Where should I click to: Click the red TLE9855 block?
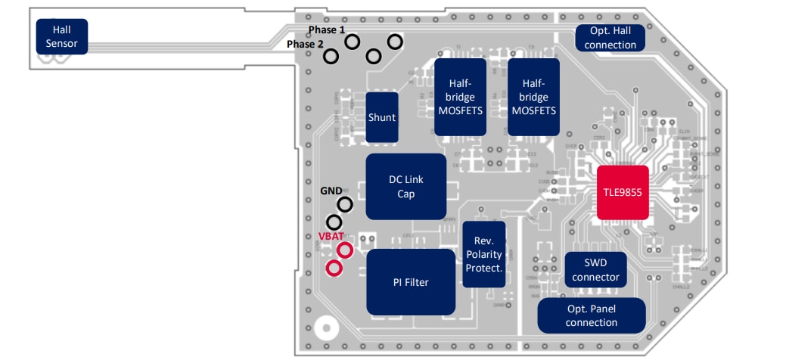coord(623,192)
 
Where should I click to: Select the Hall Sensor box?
coord(61,37)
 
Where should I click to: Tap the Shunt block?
coord(382,117)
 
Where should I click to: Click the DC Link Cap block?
coord(406,187)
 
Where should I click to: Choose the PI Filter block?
coord(411,282)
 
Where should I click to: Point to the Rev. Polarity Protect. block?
coord(484,254)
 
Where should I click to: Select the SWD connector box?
coord(595,270)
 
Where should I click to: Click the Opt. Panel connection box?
coord(592,315)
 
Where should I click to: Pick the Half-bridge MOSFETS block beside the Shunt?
coord(460,97)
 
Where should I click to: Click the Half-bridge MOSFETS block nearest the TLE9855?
coord(533,97)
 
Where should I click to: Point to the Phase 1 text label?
coord(326,29)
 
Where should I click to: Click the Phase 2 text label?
coord(305,44)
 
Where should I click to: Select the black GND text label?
coord(331,191)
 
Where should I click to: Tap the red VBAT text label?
coord(331,237)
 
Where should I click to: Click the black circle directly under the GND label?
coord(345,204)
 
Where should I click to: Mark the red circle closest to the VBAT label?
coord(345,250)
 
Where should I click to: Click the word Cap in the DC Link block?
coord(406,194)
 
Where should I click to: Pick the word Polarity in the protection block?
coord(484,254)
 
